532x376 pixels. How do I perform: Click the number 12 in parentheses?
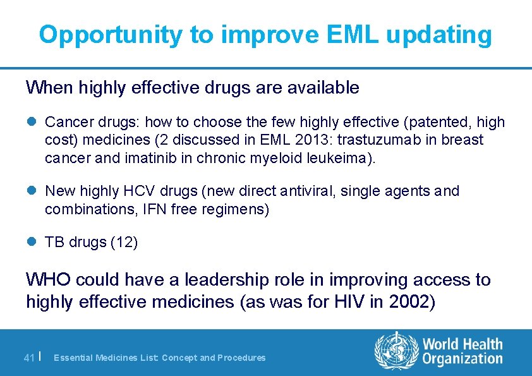[x=124, y=242]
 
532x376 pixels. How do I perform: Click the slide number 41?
[x=28, y=358]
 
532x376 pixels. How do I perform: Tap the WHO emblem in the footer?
[x=396, y=351]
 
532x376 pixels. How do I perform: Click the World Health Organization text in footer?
[x=462, y=351]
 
